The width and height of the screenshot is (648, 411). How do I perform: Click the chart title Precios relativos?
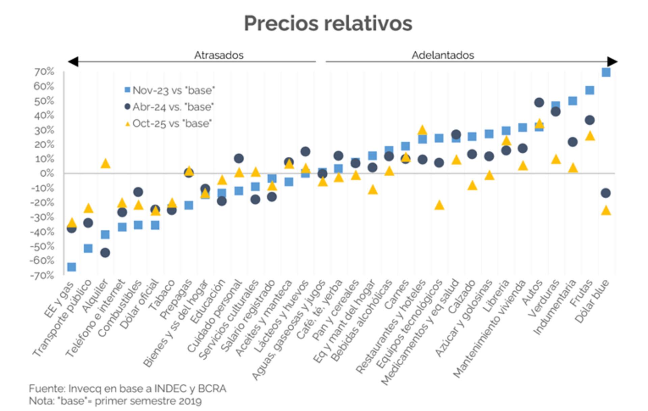tap(328, 23)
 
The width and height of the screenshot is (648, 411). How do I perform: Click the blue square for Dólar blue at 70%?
tap(606, 72)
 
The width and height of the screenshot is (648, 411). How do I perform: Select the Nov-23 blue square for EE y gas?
tap(72, 267)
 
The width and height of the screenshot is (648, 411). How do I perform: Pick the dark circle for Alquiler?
tap(105, 253)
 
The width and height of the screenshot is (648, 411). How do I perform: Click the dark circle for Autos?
tap(539, 102)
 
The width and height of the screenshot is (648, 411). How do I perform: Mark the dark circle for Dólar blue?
tap(606, 193)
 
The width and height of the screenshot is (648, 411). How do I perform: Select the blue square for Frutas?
tap(590, 90)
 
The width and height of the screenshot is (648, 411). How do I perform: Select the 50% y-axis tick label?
tap(44, 101)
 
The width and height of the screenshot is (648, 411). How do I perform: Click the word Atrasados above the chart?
tap(218, 55)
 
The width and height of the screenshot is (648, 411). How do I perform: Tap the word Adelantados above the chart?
tap(442, 55)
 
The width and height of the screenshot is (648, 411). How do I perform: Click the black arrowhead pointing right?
tap(612, 62)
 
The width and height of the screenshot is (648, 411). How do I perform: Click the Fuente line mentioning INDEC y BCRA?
tap(128, 388)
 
